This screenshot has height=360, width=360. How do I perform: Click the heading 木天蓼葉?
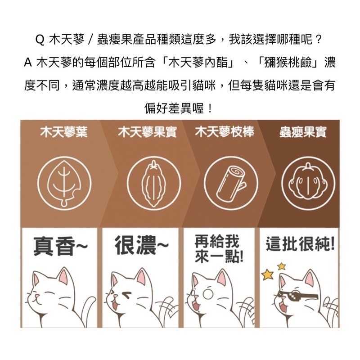tap(63, 133)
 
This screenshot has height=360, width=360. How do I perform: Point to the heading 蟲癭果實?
tap(302, 133)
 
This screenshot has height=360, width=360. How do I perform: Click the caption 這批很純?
tap(299, 245)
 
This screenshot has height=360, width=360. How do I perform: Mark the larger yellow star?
tap(267, 273)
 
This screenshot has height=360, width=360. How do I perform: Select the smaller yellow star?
tap(282, 266)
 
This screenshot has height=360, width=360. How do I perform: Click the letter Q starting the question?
tap(39, 39)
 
